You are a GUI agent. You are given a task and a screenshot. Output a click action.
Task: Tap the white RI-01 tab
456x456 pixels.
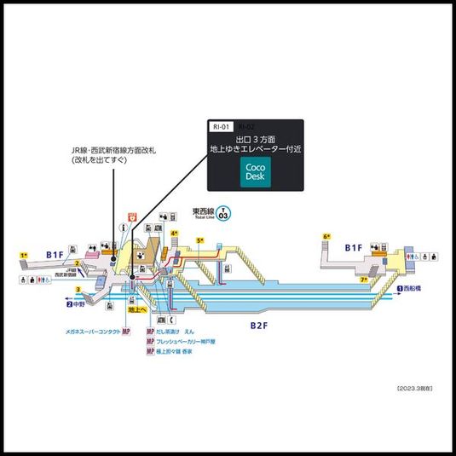point(221,126)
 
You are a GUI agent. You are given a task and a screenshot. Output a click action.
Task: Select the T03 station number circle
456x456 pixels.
point(222,214)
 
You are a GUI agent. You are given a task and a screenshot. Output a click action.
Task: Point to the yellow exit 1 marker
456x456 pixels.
point(25,255)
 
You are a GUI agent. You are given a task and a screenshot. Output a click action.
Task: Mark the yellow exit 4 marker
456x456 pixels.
point(174,233)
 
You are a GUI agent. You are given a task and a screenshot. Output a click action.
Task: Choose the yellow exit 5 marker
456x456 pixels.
point(200,241)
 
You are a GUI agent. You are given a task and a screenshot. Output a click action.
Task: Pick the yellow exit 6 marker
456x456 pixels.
point(326,236)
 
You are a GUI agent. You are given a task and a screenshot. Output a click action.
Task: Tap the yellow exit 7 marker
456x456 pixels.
point(364,279)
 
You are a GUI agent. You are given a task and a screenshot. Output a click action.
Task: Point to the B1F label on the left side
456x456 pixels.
point(55,254)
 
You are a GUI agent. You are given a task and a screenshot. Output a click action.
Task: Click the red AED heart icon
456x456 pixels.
point(132,216)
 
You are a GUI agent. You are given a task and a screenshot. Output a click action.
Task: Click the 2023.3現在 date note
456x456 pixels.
point(415,388)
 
